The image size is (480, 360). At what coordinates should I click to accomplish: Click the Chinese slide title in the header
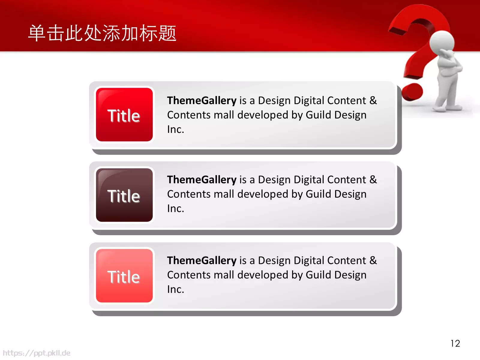pos(102,33)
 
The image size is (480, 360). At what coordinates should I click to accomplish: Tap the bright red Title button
pos(124,115)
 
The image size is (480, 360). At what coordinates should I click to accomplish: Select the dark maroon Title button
pos(124,195)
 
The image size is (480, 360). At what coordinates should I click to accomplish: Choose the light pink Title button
pos(124,276)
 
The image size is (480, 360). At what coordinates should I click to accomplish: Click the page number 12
pos(455,343)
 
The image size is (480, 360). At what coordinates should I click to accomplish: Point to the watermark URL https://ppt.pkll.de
pos(37,353)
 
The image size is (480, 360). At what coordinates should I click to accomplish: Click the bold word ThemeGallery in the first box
pos(202,101)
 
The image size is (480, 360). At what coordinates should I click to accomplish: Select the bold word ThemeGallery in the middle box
pos(202,180)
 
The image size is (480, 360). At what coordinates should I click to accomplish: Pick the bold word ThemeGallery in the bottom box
pos(202,261)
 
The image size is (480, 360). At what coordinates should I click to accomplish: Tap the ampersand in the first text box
pos(373,100)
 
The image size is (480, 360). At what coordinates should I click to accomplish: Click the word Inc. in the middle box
pos(175,208)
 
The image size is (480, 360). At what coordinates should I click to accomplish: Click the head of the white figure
pos(442,42)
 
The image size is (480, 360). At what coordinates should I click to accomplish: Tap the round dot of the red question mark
pos(412,92)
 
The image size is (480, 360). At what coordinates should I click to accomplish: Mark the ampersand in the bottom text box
pos(373,260)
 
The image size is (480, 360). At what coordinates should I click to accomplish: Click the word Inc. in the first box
pos(175,129)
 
